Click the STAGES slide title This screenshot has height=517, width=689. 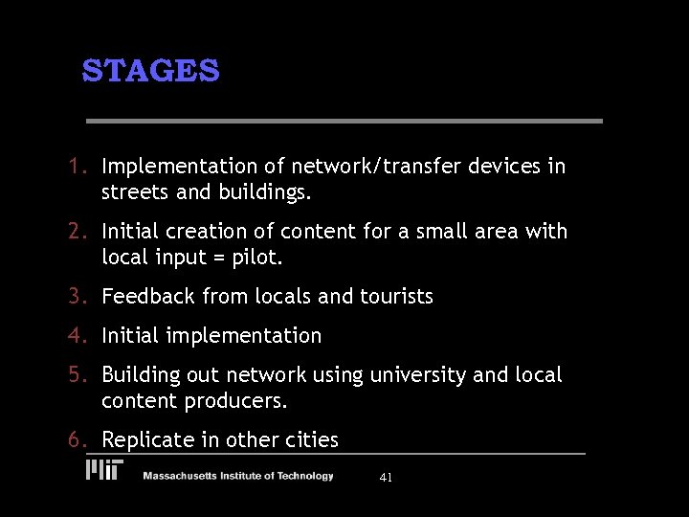(x=150, y=71)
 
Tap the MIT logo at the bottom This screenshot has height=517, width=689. (x=105, y=470)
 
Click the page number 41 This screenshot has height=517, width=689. (x=386, y=477)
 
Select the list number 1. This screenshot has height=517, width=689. (x=78, y=167)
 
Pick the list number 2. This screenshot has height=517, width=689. (x=78, y=232)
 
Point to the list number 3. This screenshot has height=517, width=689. (x=78, y=297)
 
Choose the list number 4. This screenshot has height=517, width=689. (x=78, y=336)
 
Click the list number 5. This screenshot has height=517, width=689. (x=78, y=375)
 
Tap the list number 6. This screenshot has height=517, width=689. (x=78, y=440)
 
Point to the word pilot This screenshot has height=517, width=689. (x=259, y=258)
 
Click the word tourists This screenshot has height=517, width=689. (x=396, y=297)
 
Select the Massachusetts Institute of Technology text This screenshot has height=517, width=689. (x=238, y=476)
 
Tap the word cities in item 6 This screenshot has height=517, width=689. (x=311, y=440)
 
